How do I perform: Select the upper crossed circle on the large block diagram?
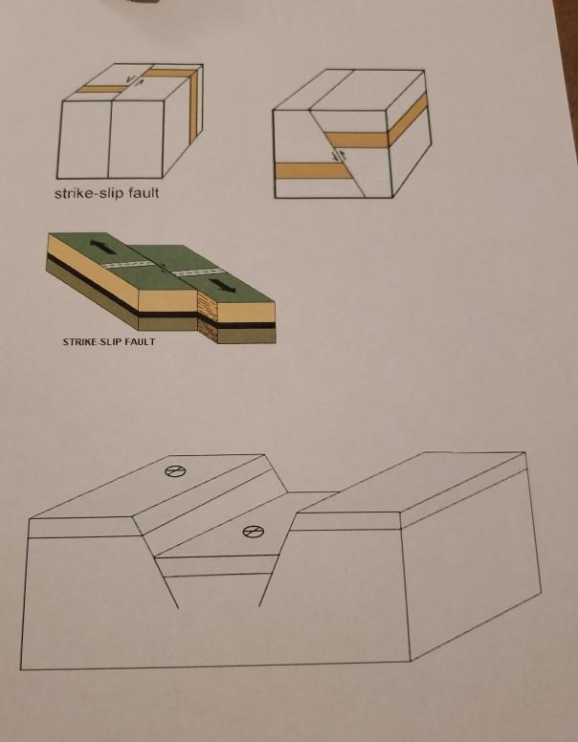coord(173,470)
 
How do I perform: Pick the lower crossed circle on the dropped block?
coord(252,533)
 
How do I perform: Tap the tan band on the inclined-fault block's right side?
coord(408,117)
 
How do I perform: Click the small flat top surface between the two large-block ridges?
coord(312,502)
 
